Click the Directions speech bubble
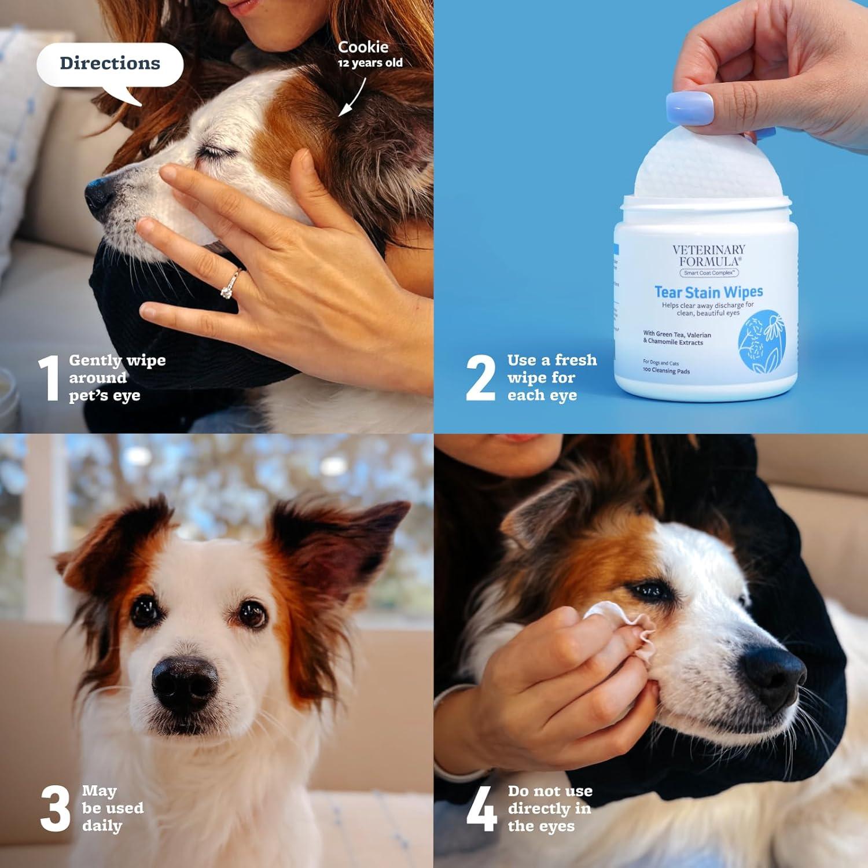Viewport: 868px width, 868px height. tap(110, 64)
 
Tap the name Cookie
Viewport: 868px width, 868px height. tap(363, 47)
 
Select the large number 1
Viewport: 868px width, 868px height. tap(50, 378)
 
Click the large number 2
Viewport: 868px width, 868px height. tap(480, 378)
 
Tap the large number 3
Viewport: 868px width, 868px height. tap(56, 808)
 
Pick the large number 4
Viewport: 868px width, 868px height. tap(481, 808)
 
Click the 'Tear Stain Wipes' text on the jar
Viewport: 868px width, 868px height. tap(708, 292)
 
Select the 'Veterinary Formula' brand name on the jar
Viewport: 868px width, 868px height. tap(708, 255)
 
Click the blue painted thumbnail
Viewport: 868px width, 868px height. tap(689, 108)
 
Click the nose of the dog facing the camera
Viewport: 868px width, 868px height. tap(184, 684)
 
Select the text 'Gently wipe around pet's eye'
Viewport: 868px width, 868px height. tap(116, 378)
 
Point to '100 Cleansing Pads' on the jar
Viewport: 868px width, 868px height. tap(666, 370)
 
